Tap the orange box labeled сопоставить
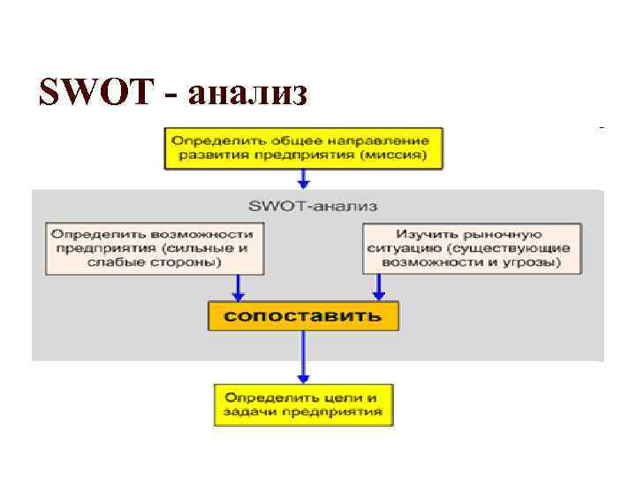point(303,315)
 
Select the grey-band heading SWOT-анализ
point(313,206)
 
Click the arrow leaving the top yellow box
point(303,178)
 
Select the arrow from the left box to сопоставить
point(237,287)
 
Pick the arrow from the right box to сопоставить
point(379,287)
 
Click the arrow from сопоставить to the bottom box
point(303,357)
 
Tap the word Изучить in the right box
point(428,234)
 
